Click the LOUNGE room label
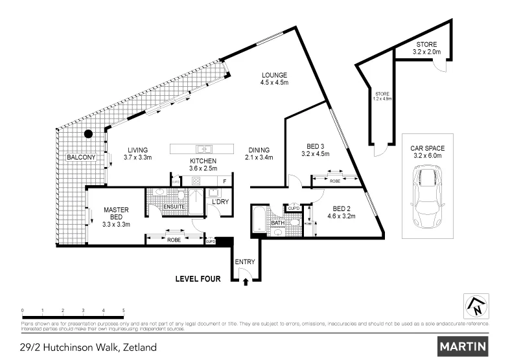[x=273, y=74]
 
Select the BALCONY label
[x=82, y=157]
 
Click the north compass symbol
[x=477, y=306]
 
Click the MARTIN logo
[x=463, y=346]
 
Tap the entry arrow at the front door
[x=246, y=280]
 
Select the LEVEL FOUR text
[x=198, y=280]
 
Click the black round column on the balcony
[x=88, y=134]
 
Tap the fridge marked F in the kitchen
[x=224, y=181]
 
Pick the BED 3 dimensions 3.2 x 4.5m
[x=316, y=154]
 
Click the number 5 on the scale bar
[x=123, y=311]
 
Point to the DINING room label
[x=257, y=148]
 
